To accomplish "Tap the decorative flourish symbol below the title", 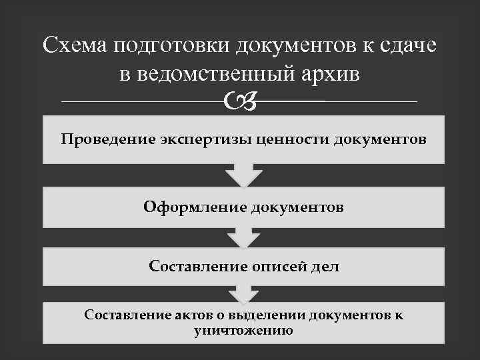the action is pos(240,101).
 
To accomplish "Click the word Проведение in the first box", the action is pos(108,140).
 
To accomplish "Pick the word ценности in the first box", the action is pos(294,140).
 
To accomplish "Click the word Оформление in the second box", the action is pos(195,207).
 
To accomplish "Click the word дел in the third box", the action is pos(325,267).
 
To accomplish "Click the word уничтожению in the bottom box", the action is pos(243,329).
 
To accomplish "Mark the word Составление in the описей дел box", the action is pos(193,267).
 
